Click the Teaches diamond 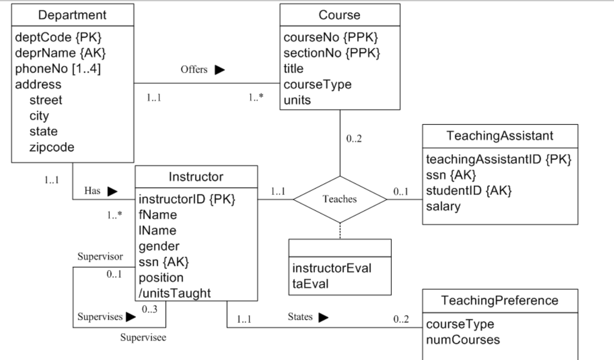click(340, 199)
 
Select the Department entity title click(73, 15)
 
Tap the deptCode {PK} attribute click(58, 37)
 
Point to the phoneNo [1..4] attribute click(58, 69)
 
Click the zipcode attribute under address click(52, 147)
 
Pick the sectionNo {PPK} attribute click(332, 53)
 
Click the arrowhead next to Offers click(220, 70)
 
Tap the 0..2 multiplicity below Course click(354, 139)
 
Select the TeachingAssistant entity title click(500, 136)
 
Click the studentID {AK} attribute click(469, 191)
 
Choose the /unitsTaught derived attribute click(175, 293)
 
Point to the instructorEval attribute click(332, 268)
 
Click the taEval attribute click(310, 284)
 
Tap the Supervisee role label click(143, 337)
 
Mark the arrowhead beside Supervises click(131, 317)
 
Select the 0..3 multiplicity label click(150, 309)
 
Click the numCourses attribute click(463, 340)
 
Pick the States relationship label click(300, 317)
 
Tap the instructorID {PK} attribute click(187, 199)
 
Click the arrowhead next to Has click(113, 191)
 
